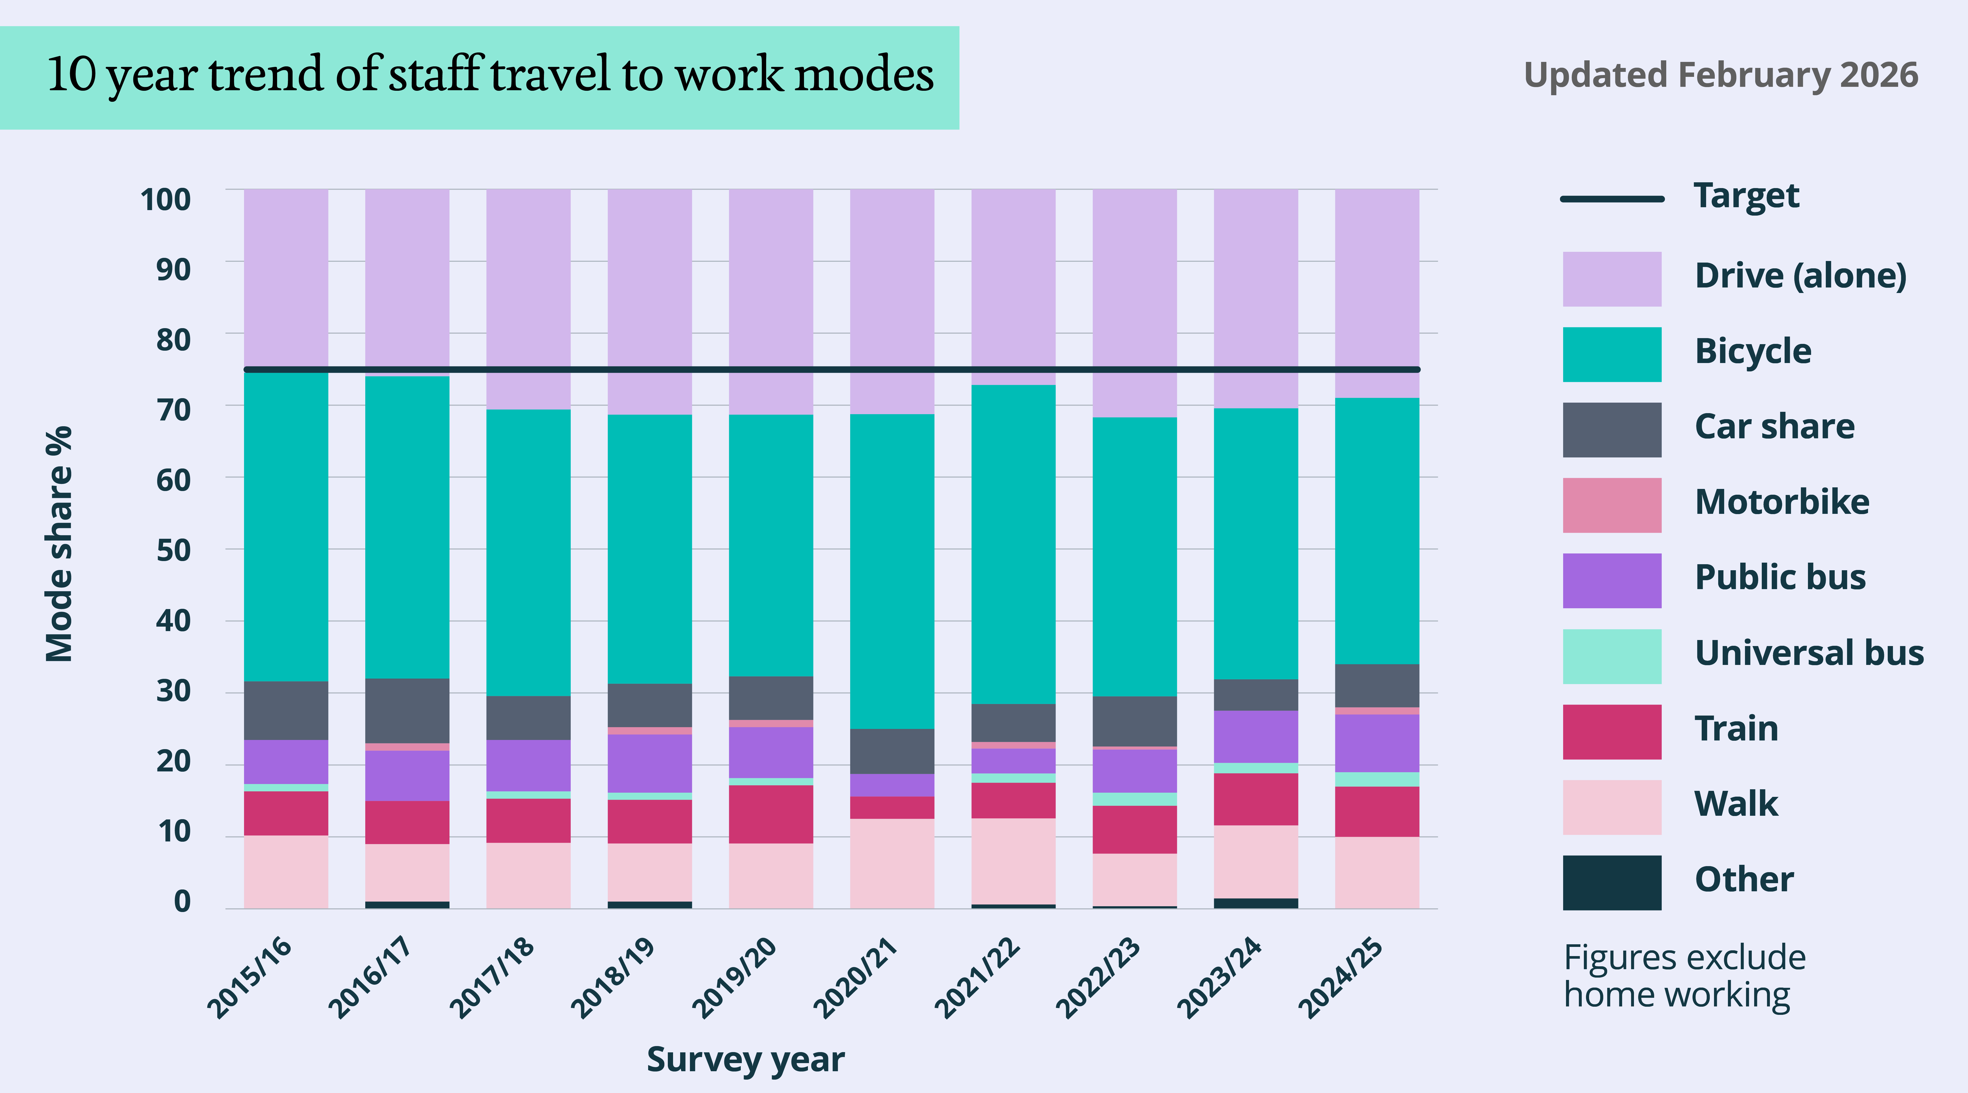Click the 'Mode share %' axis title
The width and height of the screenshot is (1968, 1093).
[59, 544]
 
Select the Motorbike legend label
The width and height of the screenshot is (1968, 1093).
[1782, 502]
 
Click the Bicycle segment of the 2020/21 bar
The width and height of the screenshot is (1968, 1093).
[892, 571]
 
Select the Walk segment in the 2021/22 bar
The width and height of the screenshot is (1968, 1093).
[1013, 861]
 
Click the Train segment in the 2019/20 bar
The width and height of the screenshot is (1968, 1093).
[771, 814]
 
